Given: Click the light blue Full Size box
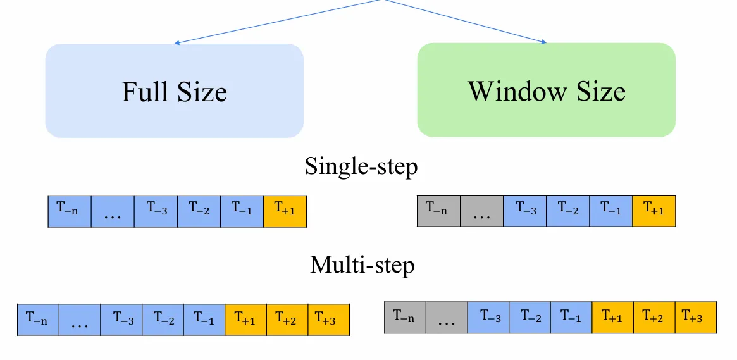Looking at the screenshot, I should (174, 90).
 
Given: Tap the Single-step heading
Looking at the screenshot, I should (361, 167).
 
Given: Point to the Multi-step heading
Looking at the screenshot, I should (362, 264).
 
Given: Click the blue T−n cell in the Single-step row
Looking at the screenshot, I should (70, 211).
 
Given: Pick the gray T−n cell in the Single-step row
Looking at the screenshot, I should (438, 211).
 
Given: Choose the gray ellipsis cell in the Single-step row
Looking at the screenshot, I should (481, 211).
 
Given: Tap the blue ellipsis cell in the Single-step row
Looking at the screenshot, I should (113, 211).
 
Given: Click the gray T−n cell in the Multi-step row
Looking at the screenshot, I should (405, 317).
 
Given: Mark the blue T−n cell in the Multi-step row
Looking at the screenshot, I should (38, 320).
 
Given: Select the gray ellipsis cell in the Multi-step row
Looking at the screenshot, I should (447, 317).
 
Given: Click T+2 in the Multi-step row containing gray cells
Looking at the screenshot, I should (654, 317).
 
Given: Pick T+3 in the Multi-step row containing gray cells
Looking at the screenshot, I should (696, 317).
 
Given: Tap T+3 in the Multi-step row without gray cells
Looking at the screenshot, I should (329, 320).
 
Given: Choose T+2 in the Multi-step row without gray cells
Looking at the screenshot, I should (287, 320).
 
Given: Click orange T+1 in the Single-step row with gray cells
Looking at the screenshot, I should (654, 211).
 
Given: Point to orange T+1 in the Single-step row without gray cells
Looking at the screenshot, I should (285, 211).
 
